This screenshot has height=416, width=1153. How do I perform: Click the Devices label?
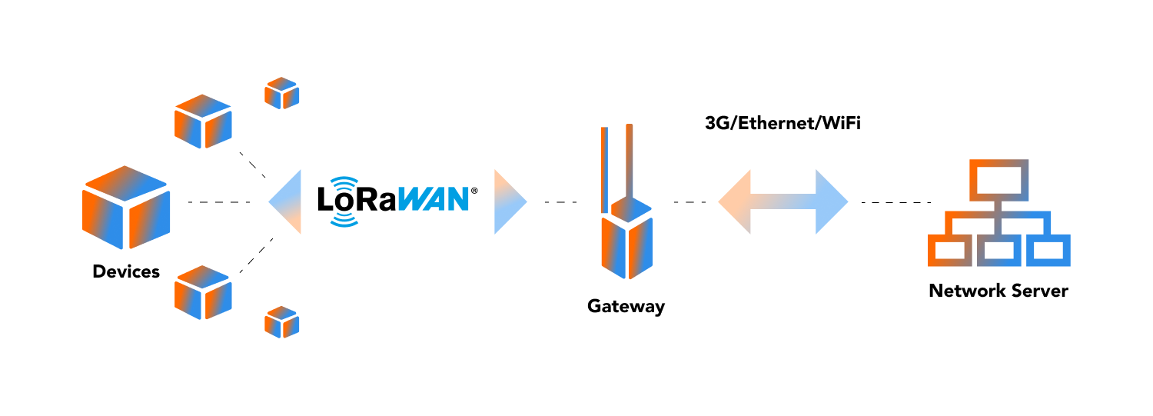click(126, 271)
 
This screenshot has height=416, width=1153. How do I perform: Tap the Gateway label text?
click(626, 306)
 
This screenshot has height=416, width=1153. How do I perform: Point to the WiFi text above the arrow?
click(841, 123)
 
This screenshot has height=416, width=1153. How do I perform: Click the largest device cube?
click(126, 208)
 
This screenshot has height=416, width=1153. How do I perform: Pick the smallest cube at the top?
click(281, 93)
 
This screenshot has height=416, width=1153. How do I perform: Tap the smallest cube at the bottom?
click(281, 322)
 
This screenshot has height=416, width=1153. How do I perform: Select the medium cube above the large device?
click(203, 121)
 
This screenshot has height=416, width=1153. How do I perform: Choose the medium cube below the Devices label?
click(203, 292)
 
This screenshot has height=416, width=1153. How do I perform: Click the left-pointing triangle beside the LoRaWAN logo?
click(287, 202)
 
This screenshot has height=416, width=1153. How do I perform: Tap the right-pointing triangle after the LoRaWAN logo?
click(508, 202)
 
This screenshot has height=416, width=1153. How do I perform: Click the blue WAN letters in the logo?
click(436, 199)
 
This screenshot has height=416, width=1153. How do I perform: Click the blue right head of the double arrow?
click(830, 202)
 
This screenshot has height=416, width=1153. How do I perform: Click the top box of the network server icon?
click(998, 178)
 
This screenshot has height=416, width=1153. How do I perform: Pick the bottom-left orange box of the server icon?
click(949, 250)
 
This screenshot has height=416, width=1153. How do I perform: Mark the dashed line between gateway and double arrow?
click(690, 202)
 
